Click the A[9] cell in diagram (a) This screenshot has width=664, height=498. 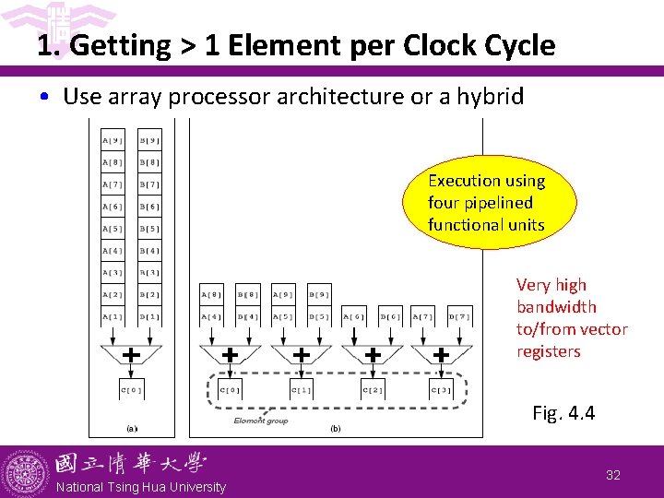click(113, 140)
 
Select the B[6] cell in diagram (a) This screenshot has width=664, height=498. click(149, 207)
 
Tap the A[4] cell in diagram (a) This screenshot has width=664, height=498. click(113, 251)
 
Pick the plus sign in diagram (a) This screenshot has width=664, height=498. click(132, 355)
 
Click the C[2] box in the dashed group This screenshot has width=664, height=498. click(372, 390)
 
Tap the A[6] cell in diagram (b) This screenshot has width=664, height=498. click(355, 317)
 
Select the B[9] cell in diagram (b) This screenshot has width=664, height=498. click(319, 295)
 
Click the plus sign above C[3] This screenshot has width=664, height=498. click(442, 355)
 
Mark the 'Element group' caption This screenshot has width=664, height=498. click(261, 421)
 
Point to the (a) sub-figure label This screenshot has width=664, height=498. click(131, 428)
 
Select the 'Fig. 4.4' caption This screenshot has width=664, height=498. click(563, 413)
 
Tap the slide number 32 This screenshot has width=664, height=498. click(613, 475)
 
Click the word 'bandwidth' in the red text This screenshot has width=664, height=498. click(556, 307)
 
